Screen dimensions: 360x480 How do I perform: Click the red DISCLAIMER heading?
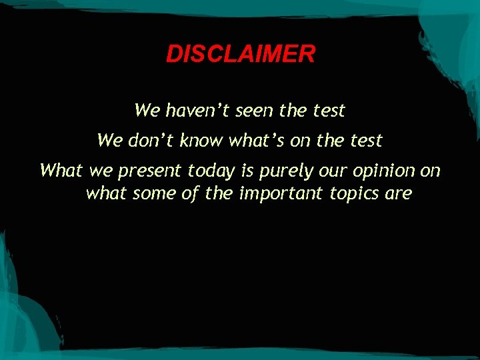click(x=240, y=54)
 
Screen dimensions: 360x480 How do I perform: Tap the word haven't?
click(x=193, y=110)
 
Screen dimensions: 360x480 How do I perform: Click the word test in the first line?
click(x=328, y=110)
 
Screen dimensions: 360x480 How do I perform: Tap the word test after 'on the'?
click(x=365, y=141)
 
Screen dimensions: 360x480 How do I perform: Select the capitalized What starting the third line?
click(x=60, y=171)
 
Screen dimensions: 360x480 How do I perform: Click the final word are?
click(x=399, y=194)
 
